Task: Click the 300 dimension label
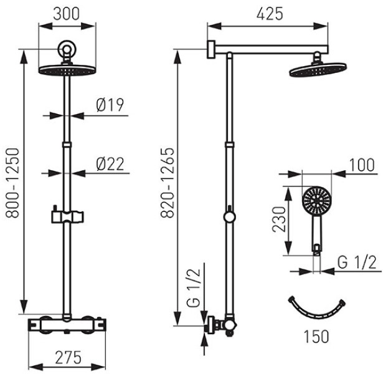coord(67,14)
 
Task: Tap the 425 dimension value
coord(270,14)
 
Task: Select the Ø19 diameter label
coord(110,105)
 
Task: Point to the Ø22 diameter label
coord(110,164)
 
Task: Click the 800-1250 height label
coord(12,183)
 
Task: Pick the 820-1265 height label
coord(168,183)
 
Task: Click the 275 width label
coord(68,358)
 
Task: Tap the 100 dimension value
coord(362,165)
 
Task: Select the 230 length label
coord(279,219)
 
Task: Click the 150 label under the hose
coord(316,337)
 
